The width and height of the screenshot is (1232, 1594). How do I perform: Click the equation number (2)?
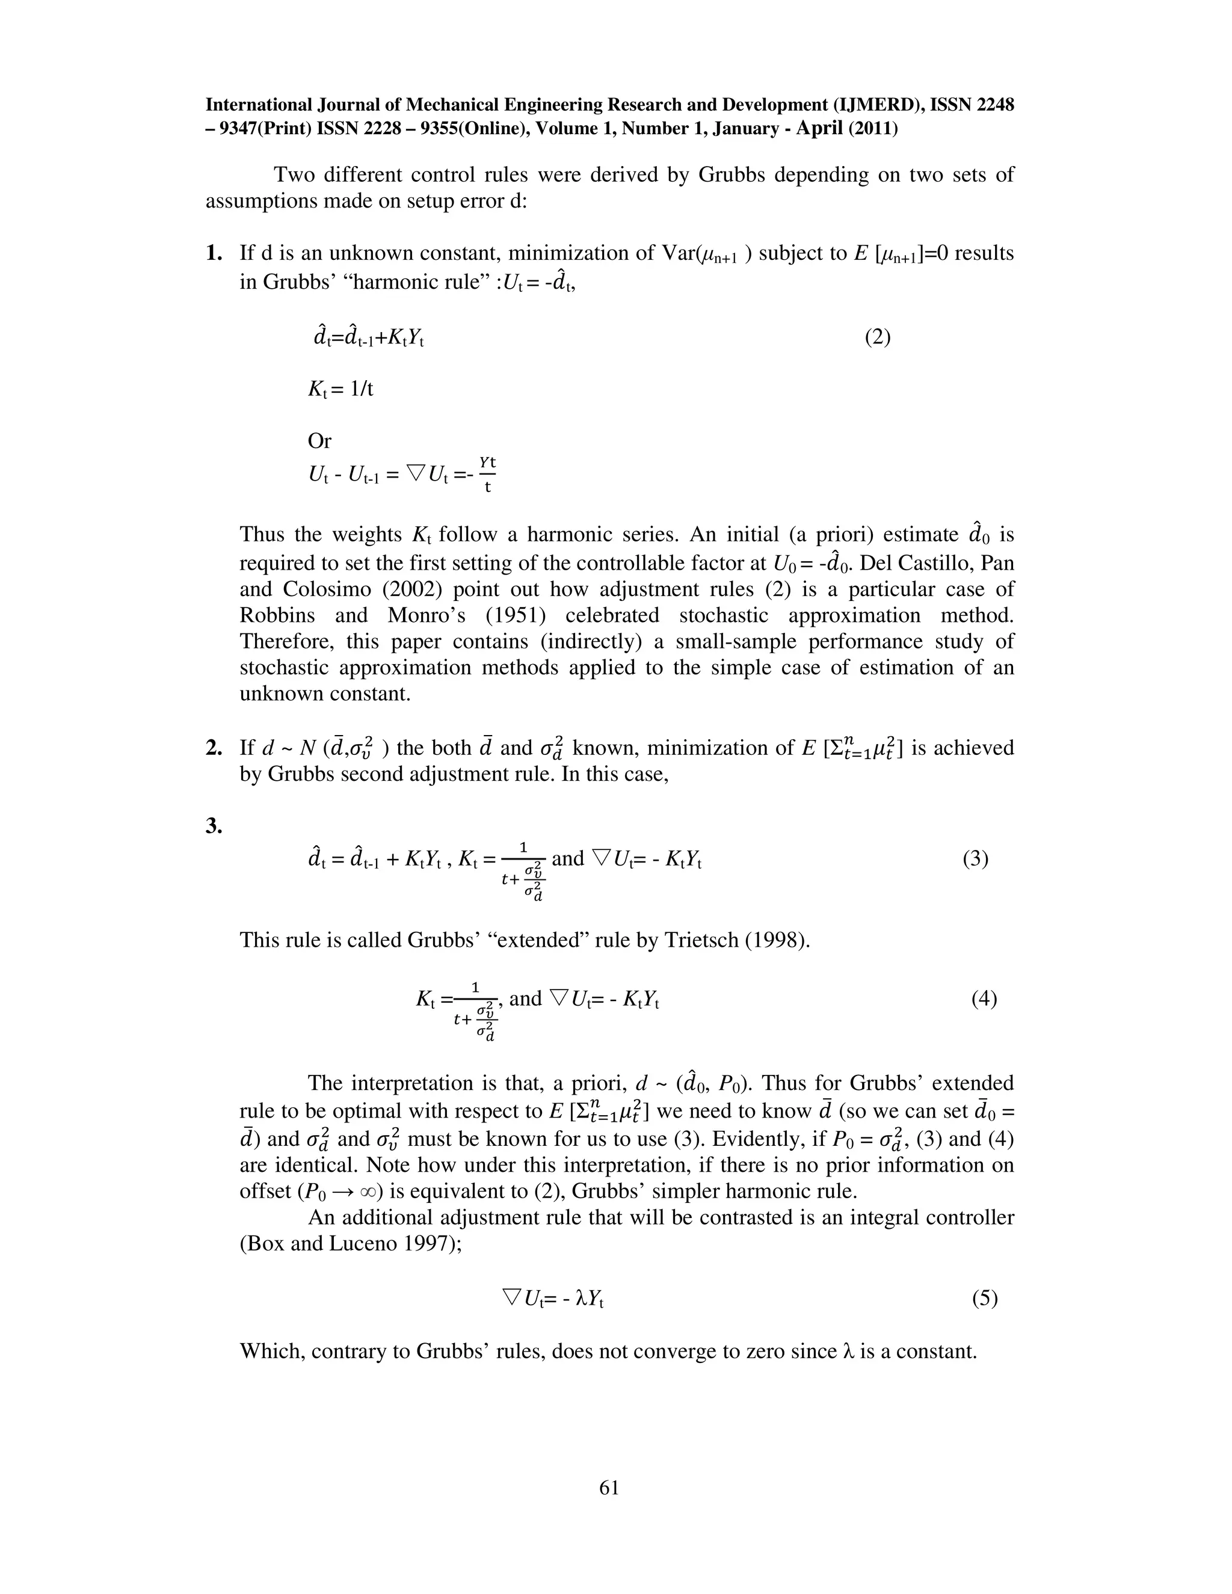[877, 337]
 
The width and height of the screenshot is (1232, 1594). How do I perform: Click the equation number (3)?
[975, 858]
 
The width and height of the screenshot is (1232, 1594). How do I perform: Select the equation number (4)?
[983, 999]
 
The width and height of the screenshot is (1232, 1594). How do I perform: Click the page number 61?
[609, 1488]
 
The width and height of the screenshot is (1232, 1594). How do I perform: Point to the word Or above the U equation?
[319, 441]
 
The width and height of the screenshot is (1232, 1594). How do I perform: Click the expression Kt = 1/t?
[340, 389]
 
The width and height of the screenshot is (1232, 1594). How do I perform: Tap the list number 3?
[213, 826]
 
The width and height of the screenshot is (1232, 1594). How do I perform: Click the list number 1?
[213, 253]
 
